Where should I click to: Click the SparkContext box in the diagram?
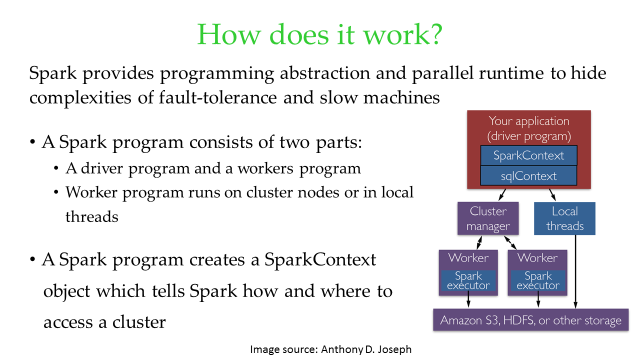[528, 155]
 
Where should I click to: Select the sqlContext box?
[528, 175]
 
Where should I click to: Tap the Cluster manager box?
[488, 218]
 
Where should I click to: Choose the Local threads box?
[564, 218]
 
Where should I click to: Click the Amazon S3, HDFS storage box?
[531, 319]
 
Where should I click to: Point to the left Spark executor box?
[468, 281]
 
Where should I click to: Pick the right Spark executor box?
[538, 281]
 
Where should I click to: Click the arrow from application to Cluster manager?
[502, 194]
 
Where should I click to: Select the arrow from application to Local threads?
[552, 194]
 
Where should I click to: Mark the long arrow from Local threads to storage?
[575, 271]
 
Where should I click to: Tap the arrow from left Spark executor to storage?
[468, 301]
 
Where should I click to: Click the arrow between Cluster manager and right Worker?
[510, 242]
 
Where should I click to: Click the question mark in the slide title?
[435, 34]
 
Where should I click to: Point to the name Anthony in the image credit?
[342, 349]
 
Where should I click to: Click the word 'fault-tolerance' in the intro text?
[217, 97]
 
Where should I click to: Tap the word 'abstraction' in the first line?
[325, 73]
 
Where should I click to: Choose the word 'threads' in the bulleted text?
[91, 216]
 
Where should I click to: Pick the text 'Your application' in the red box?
[529, 121]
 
